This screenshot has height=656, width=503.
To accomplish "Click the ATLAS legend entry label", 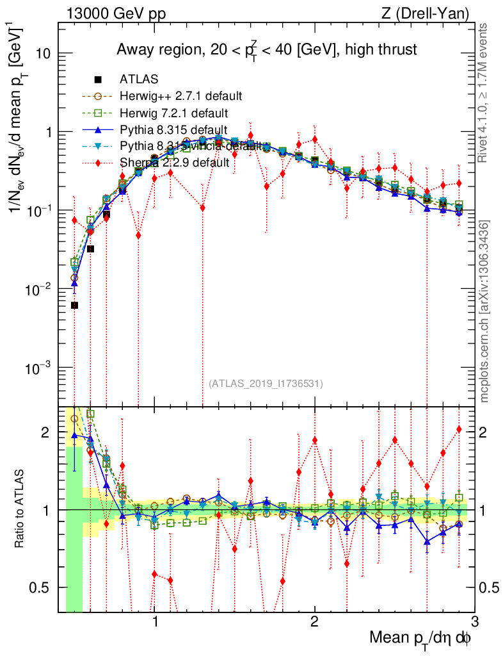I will click(x=139, y=79).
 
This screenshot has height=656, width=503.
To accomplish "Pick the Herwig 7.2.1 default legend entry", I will click(x=174, y=113).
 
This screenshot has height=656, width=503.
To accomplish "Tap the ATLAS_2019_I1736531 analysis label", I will click(x=266, y=384).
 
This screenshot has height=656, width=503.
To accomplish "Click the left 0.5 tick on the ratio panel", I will click(x=44, y=587).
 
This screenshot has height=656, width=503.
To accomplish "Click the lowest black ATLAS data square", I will click(x=74, y=306).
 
